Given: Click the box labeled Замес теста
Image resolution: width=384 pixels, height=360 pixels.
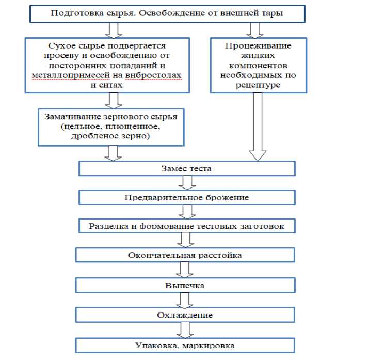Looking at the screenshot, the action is coord(187,168).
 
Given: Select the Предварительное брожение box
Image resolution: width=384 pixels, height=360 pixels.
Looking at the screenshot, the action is coord(187,197).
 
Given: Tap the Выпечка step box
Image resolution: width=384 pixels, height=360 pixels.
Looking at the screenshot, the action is coord(185,285).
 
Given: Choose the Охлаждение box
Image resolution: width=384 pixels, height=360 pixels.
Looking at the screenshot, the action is coord(185,315).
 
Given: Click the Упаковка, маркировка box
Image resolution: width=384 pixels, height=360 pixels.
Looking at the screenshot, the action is coord(185,346).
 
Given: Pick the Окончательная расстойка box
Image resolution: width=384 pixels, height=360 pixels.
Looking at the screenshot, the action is coord(185,255).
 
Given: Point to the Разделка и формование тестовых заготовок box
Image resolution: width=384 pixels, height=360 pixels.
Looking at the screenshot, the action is coord(187,226).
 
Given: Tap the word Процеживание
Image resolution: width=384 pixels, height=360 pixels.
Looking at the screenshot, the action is coord(258,46).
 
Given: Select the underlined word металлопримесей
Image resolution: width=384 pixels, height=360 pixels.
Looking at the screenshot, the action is coord(71,75).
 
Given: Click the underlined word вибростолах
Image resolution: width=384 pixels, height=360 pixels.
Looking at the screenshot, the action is coord(153,75).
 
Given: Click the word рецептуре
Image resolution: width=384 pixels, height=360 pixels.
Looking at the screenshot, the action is coord(258,86).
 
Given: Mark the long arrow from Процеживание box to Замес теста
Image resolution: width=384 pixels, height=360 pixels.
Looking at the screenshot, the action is coord(258,127).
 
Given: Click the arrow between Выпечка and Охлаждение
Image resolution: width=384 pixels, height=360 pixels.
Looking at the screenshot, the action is coord(185,301).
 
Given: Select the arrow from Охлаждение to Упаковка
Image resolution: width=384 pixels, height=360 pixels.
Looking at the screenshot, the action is coord(185,330).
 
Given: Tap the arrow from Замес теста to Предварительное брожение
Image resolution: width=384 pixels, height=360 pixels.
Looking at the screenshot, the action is coord(187,183).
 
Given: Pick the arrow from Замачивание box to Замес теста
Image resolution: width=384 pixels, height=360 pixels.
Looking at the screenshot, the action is coord(113,153).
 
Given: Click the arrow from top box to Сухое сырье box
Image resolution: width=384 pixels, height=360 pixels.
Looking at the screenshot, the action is coord(114,30).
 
